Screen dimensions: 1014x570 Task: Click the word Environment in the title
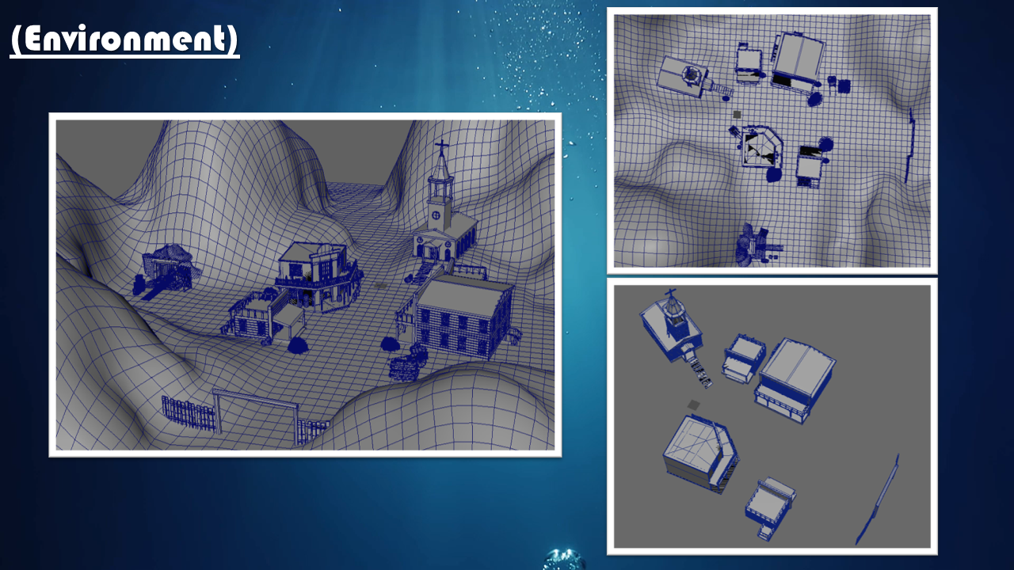124,39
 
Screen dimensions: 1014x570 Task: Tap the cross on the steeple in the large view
441,147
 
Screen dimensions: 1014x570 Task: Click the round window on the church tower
436,215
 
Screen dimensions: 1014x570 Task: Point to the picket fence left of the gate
189,412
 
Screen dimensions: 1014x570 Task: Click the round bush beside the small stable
297,346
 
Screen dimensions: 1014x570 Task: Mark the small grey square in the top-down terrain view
737,115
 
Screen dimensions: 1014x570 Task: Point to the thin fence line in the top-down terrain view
909,146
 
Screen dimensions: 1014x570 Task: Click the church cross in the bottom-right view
670,293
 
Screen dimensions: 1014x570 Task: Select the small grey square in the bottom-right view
693,405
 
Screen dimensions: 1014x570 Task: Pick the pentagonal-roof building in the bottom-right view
700,454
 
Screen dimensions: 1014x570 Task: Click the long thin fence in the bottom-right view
877,500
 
